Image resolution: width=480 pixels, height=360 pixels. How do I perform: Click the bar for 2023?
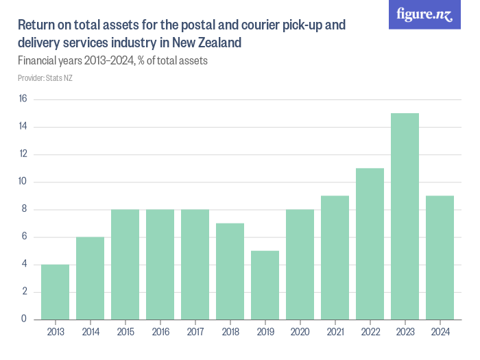pos(405,216)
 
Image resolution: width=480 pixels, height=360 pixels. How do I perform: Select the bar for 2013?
pos(55,291)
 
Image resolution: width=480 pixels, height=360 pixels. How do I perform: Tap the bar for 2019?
pos(265,285)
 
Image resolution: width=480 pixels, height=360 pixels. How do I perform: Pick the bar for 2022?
pos(370,243)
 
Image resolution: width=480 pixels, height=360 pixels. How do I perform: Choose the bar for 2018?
pos(230,271)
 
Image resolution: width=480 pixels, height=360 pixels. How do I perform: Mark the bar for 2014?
pos(90,278)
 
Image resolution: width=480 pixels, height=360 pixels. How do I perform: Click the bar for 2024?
pos(440,257)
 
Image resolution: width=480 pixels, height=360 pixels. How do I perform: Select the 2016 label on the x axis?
pos(160,333)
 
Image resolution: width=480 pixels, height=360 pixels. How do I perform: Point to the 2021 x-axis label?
pos(335,333)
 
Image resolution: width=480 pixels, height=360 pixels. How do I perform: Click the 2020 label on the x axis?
pos(300,333)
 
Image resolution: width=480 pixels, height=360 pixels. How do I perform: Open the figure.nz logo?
pos(424,14)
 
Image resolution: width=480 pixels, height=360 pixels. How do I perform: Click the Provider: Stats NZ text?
pos(45,77)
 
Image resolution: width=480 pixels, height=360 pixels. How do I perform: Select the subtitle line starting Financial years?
pos(112,60)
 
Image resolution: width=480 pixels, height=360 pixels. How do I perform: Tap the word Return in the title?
pos(36,26)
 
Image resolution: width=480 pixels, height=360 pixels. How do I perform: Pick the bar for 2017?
pos(195,264)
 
